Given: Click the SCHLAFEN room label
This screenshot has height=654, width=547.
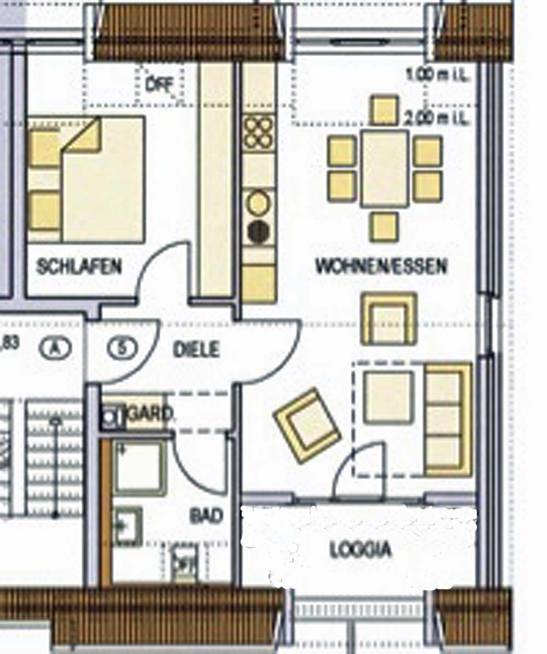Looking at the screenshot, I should pos(79,267).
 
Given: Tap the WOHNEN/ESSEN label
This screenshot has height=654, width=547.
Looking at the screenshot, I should pos(381,266).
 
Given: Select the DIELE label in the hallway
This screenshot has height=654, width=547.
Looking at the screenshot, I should pos(196,349).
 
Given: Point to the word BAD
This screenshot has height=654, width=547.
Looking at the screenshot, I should pos(206,515).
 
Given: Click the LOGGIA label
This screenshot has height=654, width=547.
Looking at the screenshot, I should pos(360,549).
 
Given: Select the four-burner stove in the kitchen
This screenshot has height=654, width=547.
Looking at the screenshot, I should pos(258,132).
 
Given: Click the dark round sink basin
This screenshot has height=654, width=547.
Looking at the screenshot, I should pos(258,232).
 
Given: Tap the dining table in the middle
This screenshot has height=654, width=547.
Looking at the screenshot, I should pos(385,168).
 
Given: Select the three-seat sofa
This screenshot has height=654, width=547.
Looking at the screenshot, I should pos(448,419).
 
